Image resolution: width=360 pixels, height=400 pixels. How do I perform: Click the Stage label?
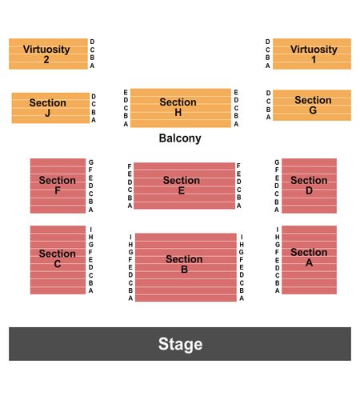(x=180, y=344)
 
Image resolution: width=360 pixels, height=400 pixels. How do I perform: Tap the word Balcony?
(x=180, y=138)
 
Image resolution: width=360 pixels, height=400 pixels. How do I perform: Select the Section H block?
(x=181, y=108)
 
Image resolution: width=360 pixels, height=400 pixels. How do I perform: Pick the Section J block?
(x=50, y=108)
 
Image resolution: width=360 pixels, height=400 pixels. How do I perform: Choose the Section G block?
(x=312, y=105)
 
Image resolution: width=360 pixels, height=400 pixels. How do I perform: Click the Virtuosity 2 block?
(x=48, y=54)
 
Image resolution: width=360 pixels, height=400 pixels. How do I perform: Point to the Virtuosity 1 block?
(x=312, y=54)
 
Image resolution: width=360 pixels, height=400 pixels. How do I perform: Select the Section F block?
(x=58, y=186)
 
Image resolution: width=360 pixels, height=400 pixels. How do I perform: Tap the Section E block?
(x=184, y=186)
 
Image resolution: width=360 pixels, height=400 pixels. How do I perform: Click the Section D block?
(x=309, y=186)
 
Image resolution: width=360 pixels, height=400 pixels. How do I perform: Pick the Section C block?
(x=58, y=260)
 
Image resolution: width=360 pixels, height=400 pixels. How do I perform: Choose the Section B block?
(x=186, y=267)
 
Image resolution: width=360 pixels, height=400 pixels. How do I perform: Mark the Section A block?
(x=309, y=260)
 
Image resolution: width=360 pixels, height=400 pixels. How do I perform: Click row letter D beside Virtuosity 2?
(x=92, y=42)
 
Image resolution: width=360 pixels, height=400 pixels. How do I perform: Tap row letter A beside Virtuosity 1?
(x=267, y=66)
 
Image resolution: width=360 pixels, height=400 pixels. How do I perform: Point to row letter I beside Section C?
(x=90, y=230)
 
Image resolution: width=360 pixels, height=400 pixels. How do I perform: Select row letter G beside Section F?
(x=91, y=162)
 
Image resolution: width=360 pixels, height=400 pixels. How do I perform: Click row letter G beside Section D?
(x=277, y=162)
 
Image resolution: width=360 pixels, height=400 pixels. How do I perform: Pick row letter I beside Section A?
(x=277, y=230)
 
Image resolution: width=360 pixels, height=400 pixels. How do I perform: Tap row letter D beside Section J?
(x=94, y=96)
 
